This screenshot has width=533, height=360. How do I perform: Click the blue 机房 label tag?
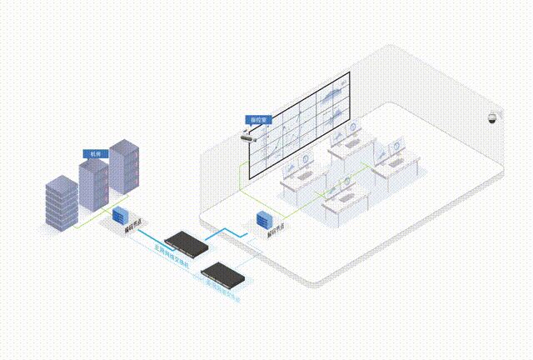94,154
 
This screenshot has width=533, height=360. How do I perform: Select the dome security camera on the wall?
494,117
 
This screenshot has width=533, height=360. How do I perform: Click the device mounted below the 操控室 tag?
249,136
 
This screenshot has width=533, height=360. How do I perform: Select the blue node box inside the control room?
265,219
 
